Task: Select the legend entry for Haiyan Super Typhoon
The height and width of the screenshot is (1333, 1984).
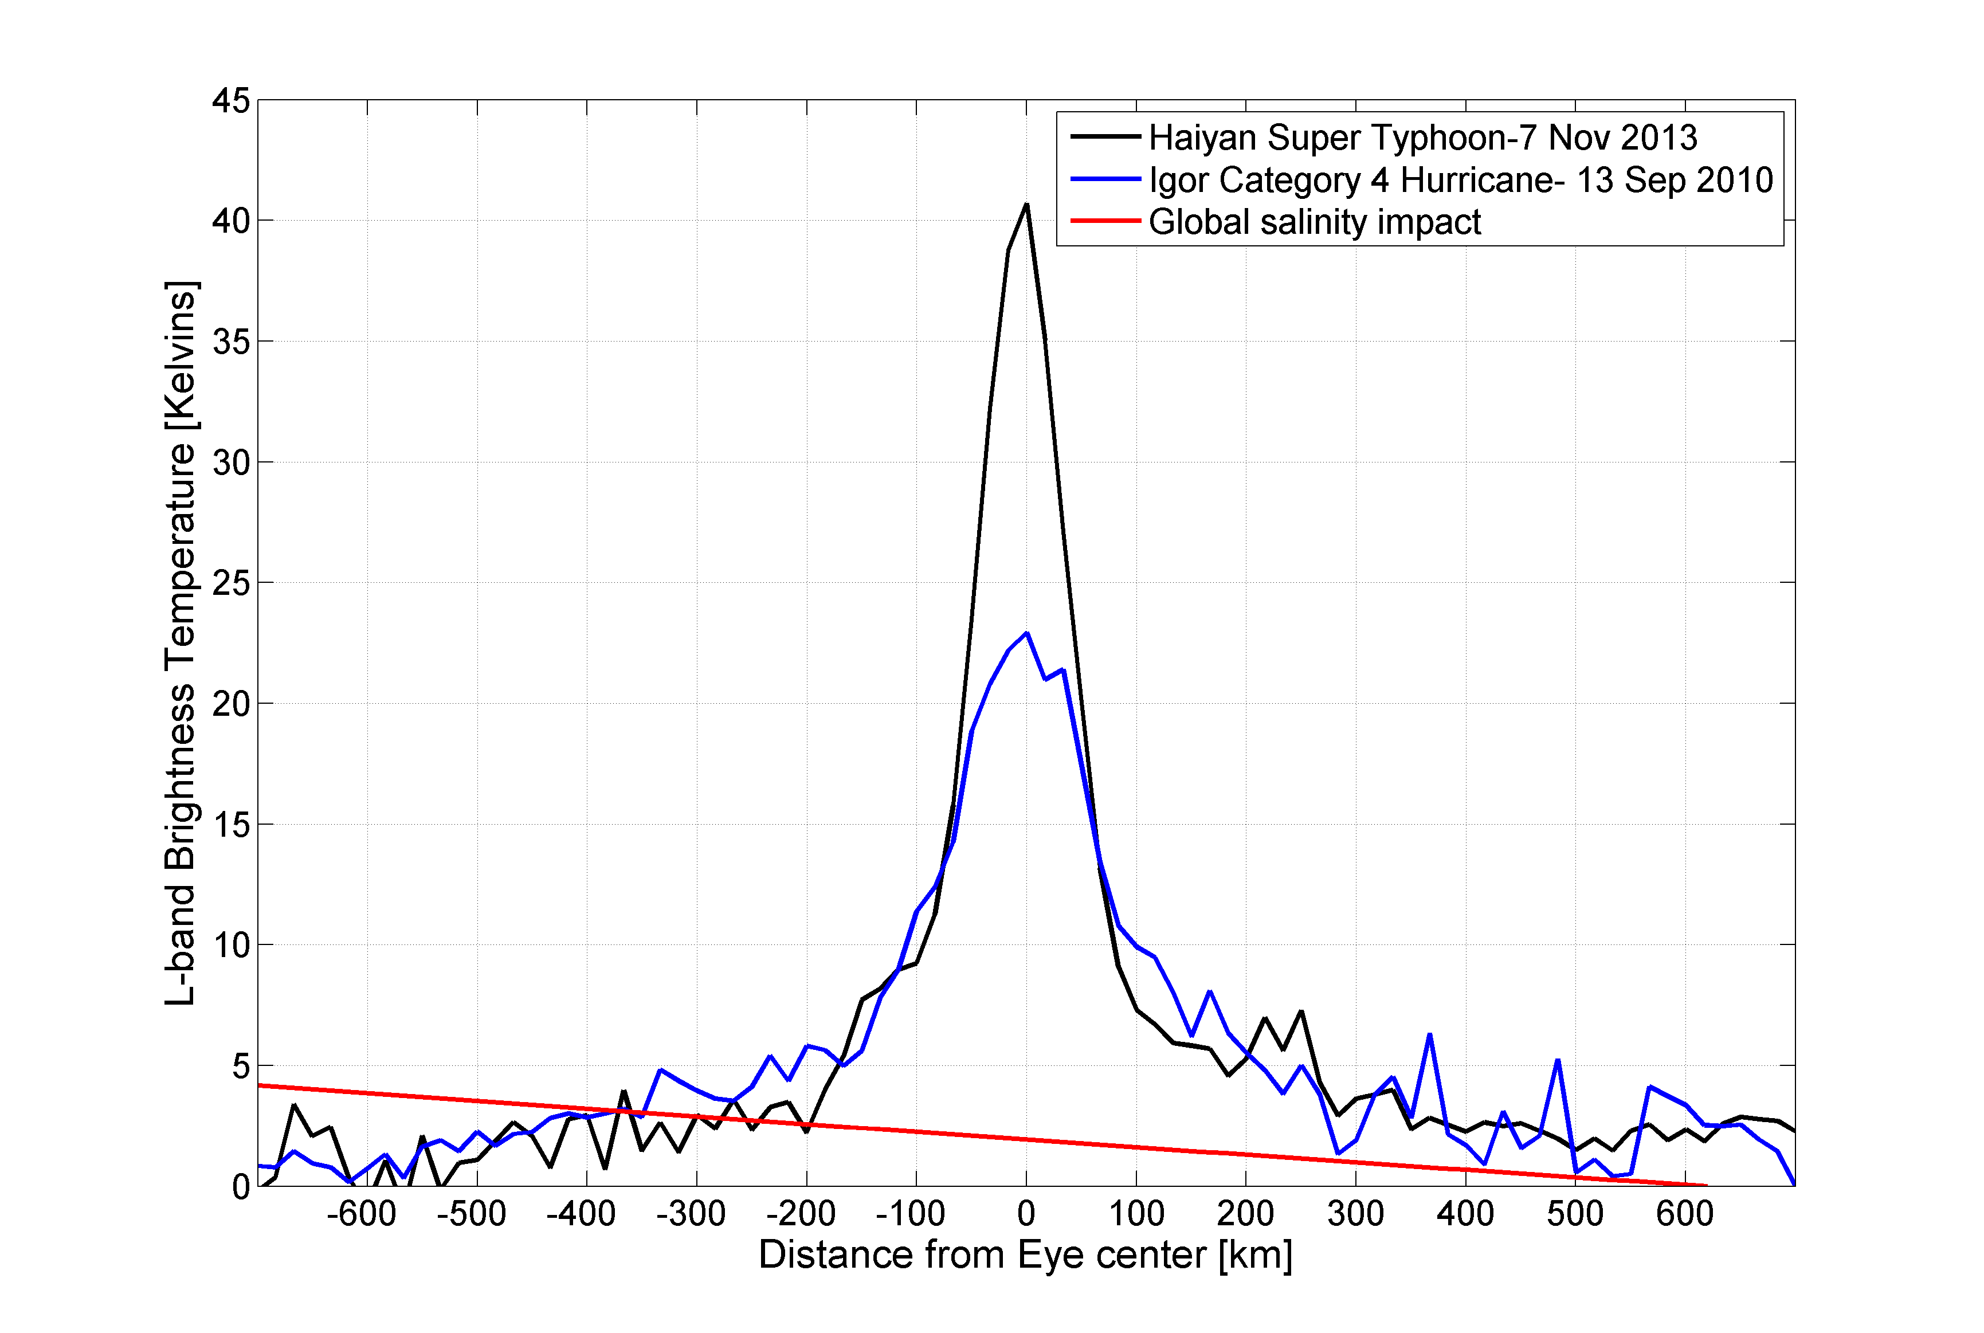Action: coord(1423,138)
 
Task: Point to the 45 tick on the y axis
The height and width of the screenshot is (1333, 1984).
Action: coord(231,100)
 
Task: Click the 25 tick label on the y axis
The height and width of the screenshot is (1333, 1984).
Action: coord(231,583)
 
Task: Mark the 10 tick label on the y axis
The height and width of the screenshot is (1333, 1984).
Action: coord(231,944)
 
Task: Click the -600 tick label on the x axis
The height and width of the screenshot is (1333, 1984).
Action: coord(361,1214)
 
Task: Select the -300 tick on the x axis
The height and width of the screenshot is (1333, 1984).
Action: coord(691,1214)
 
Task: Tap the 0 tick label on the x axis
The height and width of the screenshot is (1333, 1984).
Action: coord(1026,1214)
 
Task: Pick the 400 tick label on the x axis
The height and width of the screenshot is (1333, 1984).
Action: coord(1465,1214)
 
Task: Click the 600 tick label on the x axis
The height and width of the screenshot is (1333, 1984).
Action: coord(1685,1214)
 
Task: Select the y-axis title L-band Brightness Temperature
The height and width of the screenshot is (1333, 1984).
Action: coord(180,642)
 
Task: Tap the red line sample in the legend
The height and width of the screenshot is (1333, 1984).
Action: coord(1105,221)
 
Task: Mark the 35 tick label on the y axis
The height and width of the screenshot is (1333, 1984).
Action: coord(231,342)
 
